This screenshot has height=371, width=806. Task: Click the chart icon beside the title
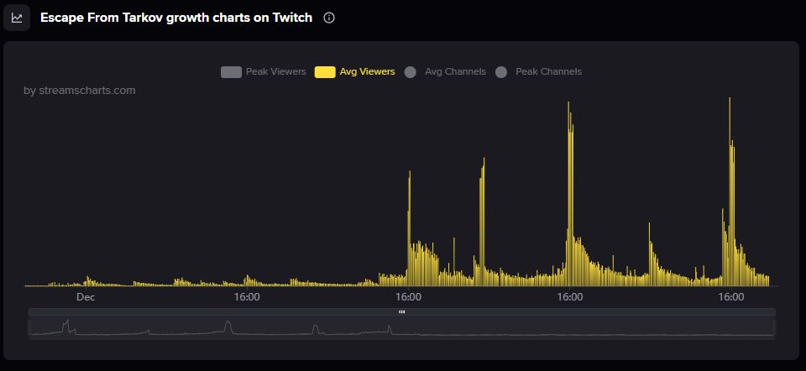(x=17, y=18)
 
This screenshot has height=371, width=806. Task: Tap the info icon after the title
(x=329, y=18)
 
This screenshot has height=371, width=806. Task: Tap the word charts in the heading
(x=238, y=18)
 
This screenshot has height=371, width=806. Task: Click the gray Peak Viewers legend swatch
(x=231, y=72)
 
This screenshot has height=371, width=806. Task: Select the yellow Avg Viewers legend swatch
(x=325, y=72)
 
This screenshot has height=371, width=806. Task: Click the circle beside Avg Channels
(x=411, y=72)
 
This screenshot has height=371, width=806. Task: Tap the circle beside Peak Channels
(x=501, y=72)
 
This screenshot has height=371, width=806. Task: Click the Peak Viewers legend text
(x=275, y=72)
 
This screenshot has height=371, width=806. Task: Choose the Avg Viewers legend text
(x=367, y=72)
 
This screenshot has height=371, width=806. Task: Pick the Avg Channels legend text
(x=455, y=72)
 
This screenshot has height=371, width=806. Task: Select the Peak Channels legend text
(x=548, y=72)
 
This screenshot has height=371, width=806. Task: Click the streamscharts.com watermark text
(x=80, y=91)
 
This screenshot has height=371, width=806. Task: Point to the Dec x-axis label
(x=86, y=297)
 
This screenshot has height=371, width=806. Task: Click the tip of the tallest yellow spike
(x=730, y=99)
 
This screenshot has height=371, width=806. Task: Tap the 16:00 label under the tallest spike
(x=732, y=297)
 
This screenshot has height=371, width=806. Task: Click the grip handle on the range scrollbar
(x=401, y=311)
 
